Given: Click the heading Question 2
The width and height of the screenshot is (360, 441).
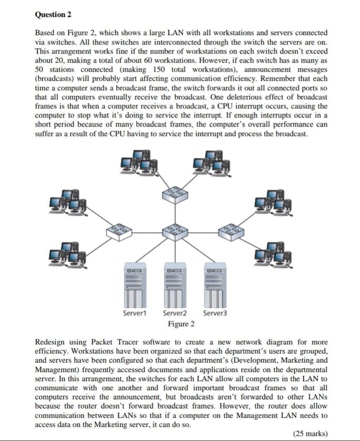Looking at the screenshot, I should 53,14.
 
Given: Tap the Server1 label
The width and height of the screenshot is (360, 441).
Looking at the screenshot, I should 135,313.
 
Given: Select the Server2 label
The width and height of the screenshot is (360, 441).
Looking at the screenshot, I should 175,313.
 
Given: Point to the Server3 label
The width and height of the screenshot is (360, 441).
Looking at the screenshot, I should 215,313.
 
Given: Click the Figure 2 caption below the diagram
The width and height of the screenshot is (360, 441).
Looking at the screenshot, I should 181,324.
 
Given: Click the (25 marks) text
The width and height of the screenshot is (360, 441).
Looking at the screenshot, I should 310,433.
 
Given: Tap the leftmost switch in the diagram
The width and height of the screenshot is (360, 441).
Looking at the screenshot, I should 119,232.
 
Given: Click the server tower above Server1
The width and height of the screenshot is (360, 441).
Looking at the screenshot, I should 135,285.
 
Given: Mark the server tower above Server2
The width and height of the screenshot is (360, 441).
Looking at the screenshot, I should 175,285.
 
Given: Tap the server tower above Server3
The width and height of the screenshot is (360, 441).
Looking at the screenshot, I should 215,285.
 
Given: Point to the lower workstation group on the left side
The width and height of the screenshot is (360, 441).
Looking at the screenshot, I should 68,253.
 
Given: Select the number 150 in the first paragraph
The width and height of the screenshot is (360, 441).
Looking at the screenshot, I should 159,69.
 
